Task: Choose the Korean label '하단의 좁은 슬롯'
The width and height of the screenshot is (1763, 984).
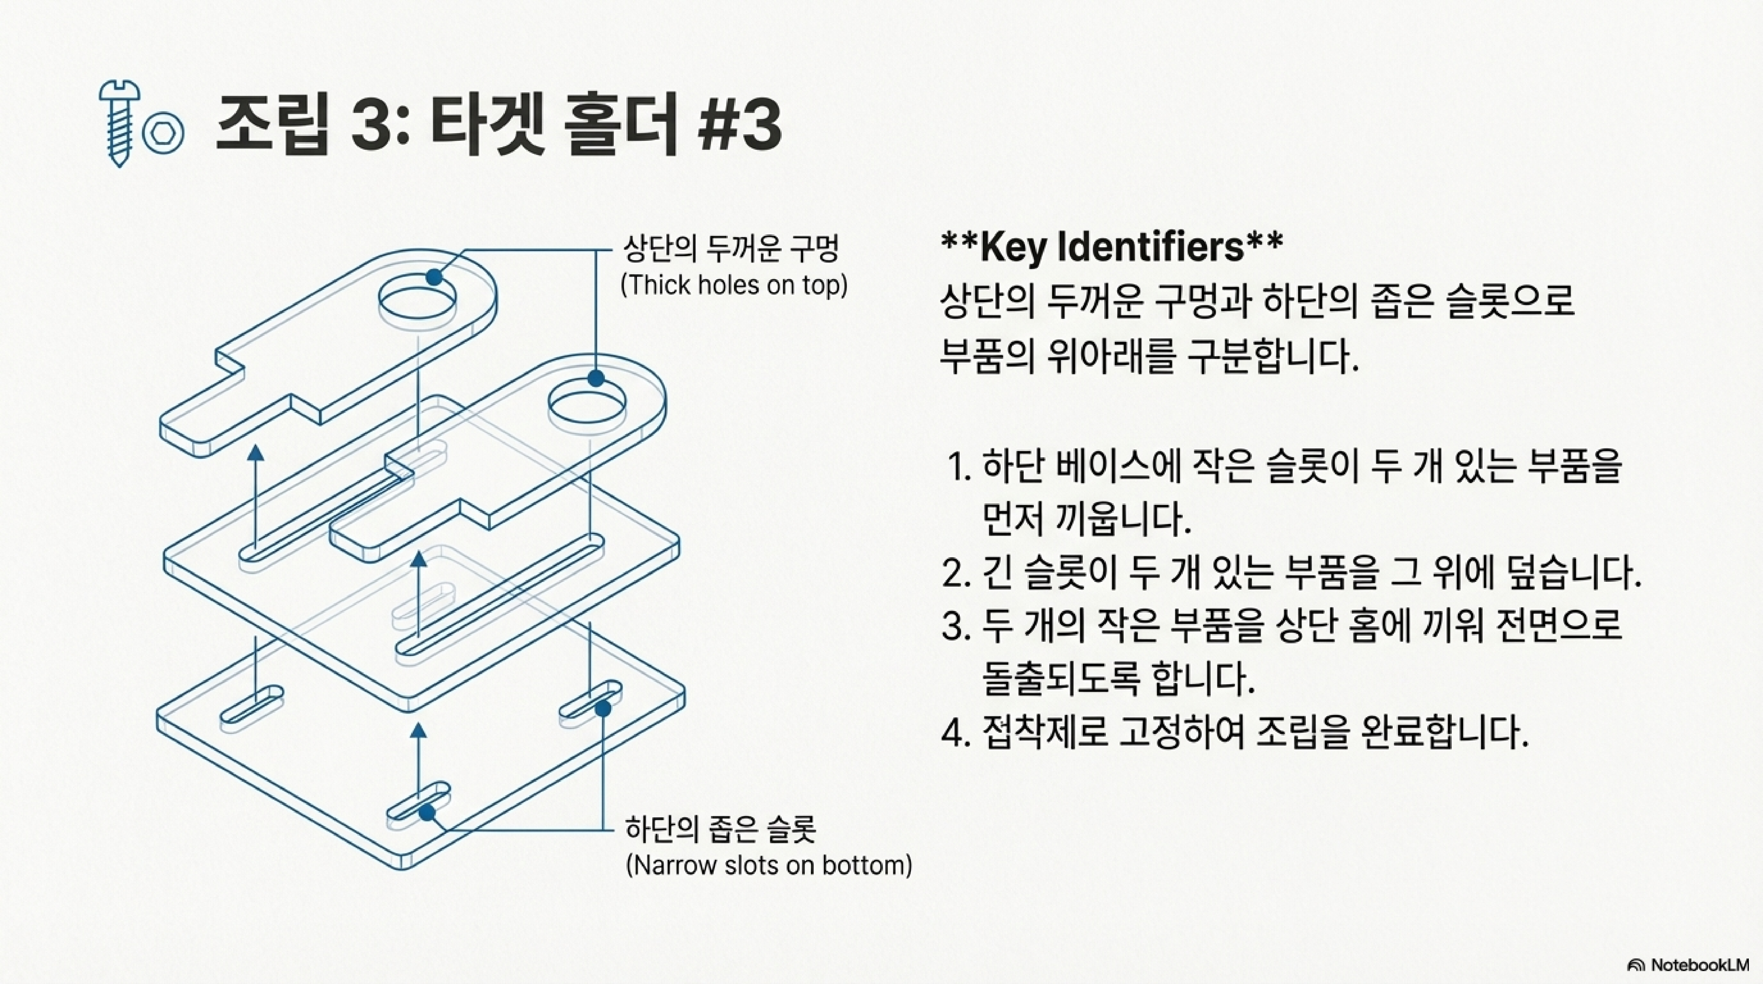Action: [x=720, y=829]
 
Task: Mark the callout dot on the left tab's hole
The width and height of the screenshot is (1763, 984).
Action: [x=434, y=277]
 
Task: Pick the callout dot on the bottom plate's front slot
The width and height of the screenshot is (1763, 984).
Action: [x=427, y=813]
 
